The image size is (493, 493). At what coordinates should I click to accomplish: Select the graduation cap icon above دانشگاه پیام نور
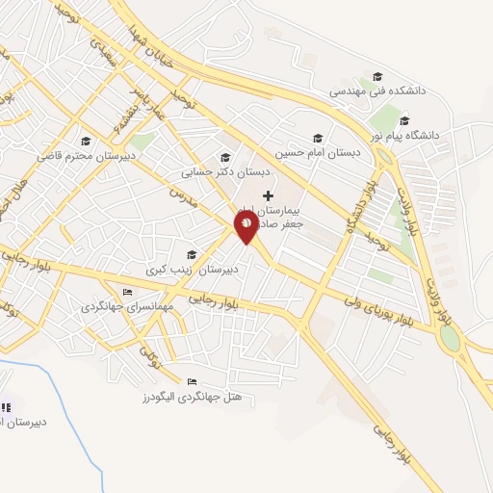pos(404,121)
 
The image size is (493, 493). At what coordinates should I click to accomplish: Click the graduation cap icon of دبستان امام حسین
pos(316,138)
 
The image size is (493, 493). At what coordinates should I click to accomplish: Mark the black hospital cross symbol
pos(268,195)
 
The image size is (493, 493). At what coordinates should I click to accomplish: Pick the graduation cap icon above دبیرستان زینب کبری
pos(192,255)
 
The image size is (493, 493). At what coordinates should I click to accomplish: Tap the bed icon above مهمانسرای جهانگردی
pos(126,293)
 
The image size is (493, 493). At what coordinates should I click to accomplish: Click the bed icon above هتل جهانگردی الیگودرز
pos(191,381)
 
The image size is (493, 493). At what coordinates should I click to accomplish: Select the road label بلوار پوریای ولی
pos(384,313)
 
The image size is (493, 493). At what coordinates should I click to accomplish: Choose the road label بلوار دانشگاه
pos(356,205)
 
